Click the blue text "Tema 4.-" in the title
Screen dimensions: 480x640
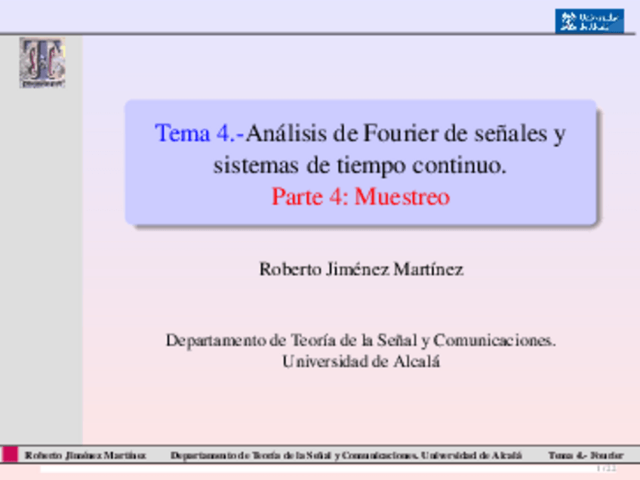[x=198, y=134]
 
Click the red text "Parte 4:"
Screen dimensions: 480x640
[x=309, y=197]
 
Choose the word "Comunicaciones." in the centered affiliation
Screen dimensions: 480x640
[x=494, y=340]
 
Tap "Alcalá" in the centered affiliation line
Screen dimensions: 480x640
[x=417, y=362]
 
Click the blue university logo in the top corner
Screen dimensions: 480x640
[x=589, y=20]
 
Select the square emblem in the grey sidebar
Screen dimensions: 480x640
[x=42, y=63]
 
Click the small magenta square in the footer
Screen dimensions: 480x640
[x=10, y=454]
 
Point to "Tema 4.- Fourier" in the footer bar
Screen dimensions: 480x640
[x=586, y=456]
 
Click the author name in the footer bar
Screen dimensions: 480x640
[x=85, y=456]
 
